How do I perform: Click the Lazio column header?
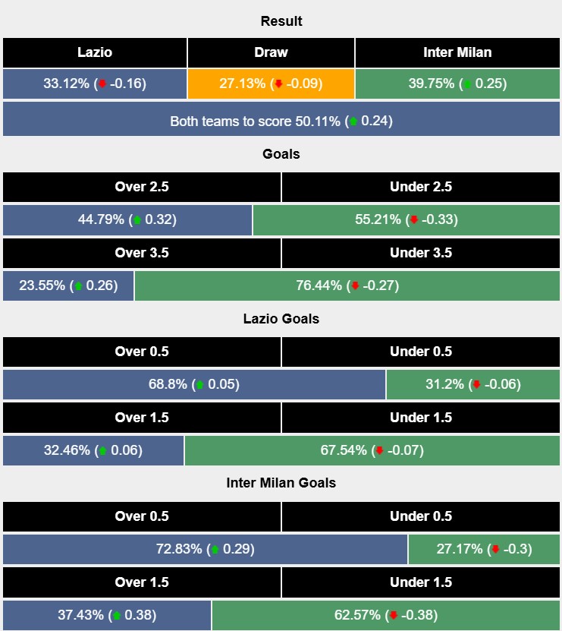click(x=95, y=52)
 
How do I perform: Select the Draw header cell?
click(x=271, y=52)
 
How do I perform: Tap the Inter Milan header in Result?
click(x=457, y=52)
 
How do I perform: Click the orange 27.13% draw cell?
click(x=271, y=84)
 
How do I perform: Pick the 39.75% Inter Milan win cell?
click(x=457, y=84)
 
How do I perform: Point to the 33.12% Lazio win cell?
click(x=95, y=84)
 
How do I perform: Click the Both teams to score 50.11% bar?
click(x=281, y=121)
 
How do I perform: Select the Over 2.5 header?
click(x=142, y=187)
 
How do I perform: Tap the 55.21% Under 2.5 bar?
click(x=407, y=220)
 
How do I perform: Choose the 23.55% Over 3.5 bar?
click(x=68, y=286)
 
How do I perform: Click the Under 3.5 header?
click(x=421, y=253)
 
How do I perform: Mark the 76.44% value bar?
click(x=347, y=286)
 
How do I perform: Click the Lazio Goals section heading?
click(x=281, y=319)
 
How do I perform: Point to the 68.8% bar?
click(x=194, y=384)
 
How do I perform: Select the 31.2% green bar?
click(x=473, y=384)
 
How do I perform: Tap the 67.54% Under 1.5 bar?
click(x=372, y=450)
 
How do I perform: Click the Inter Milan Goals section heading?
click(x=281, y=483)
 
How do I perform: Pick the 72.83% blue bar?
click(x=205, y=549)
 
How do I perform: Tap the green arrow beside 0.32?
click(x=137, y=220)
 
